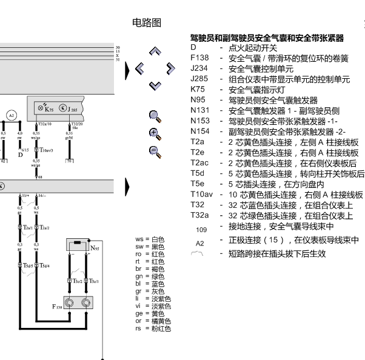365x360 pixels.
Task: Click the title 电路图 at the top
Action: (147, 23)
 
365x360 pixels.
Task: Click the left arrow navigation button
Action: (139, 68)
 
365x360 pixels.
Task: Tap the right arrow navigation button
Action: (170, 68)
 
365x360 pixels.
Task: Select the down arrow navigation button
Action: (155, 85)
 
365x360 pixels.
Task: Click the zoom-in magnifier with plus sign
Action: (155, 133)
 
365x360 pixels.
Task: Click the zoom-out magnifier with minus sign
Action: (155, 152)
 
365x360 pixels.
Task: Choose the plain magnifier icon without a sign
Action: (155, 115)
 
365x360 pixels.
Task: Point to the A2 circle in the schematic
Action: (12, 115)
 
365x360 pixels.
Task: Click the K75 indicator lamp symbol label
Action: (49, 110)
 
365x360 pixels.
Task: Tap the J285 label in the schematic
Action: (73, 110)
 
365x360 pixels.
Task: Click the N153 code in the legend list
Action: (199, 121)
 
